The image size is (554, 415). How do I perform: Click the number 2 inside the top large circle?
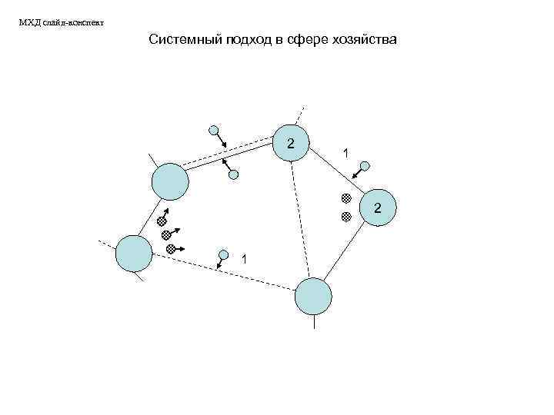click(x=290, y=143)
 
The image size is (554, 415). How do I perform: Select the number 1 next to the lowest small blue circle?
click(x=244, y=258)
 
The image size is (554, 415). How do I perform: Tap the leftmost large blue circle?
click(x=134, y=254)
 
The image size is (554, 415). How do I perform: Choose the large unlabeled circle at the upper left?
click(x=169, y=182)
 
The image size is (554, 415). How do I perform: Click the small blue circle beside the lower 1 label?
click(x=224, y=254)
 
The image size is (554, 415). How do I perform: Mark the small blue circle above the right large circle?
click(x=365, y=165)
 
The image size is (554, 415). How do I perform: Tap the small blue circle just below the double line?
click(x=233, y=175)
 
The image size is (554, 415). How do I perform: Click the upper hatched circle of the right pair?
click(x=346, y=198)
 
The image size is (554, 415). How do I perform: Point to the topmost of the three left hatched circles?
click(x=162, y=221)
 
